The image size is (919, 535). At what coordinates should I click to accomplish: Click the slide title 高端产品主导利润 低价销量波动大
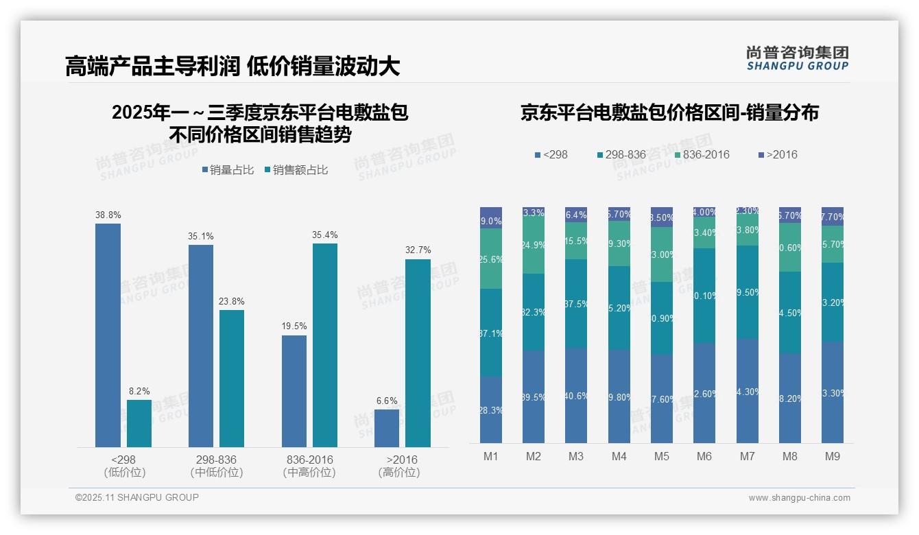232,67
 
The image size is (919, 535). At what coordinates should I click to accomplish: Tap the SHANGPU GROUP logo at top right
797,58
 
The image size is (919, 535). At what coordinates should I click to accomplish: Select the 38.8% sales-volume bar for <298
108,335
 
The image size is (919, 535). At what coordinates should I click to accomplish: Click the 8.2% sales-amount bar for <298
139,423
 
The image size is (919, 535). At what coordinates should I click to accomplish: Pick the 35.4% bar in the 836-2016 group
325,345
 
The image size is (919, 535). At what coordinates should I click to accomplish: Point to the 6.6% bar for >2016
387,428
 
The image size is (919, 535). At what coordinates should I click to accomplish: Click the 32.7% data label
418,250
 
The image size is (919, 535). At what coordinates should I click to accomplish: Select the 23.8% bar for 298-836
232,378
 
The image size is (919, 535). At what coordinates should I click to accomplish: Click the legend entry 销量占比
227,170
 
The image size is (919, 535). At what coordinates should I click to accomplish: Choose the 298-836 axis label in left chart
216,460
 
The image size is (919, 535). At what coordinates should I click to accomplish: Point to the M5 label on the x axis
661,456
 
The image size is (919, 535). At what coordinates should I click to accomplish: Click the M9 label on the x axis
832,456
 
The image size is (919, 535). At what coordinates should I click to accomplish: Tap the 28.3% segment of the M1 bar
491,409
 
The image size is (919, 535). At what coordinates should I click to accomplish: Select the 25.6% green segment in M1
491,259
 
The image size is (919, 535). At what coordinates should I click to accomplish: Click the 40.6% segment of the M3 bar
576,395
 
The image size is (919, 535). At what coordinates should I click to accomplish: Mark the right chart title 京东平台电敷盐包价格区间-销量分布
669,113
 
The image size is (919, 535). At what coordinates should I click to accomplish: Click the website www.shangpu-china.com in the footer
799,498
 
